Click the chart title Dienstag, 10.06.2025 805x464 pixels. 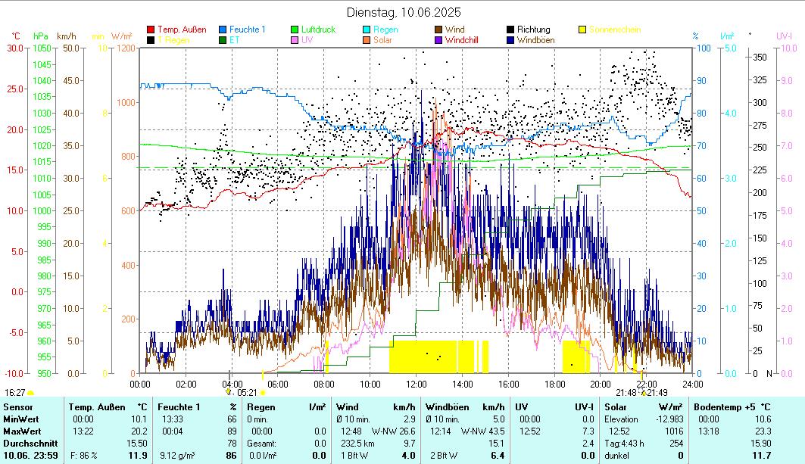[x=403, y=12]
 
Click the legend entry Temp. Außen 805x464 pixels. [x=183, y=30]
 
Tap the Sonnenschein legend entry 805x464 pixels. [x=614, y=30]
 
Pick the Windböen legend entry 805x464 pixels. [x=534, y=40]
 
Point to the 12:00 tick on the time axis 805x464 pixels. [x=416, y=384]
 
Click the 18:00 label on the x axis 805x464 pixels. [x=554, y=384]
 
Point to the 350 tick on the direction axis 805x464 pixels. [x=760, y=58]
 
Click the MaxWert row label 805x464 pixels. [x=21, y=431]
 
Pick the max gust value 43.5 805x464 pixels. [x=496, y=431]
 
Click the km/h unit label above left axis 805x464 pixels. [x=67, y=36]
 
